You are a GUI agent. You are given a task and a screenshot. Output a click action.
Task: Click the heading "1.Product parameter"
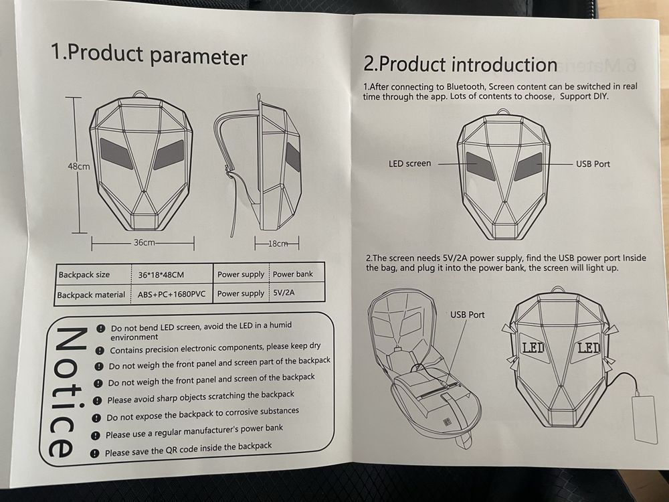tap(149, 56)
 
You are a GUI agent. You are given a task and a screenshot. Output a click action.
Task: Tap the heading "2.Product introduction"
tap(460, 64)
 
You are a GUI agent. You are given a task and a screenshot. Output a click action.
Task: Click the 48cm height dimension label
tap(79, 166)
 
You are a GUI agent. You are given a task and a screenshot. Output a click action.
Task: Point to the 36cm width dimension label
tap(145, 242)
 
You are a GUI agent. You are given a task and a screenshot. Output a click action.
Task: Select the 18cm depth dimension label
tap(278, 244)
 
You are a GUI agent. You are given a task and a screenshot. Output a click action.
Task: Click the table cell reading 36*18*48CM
tap(161, 275)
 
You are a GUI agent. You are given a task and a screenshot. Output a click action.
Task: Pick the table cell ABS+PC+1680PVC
tap(171, 294)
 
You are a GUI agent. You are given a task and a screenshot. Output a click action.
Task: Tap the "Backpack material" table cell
tap(91, 295)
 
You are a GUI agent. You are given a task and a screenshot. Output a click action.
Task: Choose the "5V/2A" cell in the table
tap(284, 293)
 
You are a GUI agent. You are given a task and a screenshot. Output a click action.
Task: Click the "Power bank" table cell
tap(293, 274)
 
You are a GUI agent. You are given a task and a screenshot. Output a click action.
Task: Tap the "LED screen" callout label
tap(409, 163)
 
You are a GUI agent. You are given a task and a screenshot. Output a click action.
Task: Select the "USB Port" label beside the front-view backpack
tap(593, 164)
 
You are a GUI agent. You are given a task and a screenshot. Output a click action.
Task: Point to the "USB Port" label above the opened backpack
tap(467, 315)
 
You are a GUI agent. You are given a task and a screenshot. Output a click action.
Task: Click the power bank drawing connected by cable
tap(645, 419)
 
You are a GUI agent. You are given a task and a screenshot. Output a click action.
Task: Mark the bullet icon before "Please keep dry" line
tap(100, 351)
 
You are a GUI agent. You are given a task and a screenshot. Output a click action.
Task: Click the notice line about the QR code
tap(188, 449)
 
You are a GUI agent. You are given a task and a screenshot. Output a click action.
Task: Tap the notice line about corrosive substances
tap(203, 414)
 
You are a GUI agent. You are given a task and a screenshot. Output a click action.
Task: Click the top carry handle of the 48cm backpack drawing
tap(140, 94)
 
